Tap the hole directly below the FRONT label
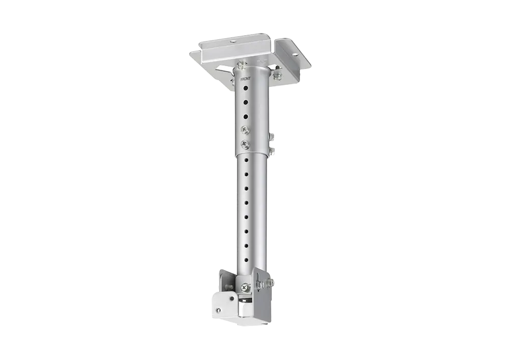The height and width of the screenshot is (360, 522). point(245,88)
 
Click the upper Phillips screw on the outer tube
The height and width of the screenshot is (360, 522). point(245,129)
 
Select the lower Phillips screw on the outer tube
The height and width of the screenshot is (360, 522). point(245,144)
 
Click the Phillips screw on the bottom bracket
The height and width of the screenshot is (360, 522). point(245,286)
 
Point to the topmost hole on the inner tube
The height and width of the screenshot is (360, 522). point(246,160)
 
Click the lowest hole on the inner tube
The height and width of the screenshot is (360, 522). point(246,259)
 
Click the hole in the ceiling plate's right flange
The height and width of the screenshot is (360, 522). point(295,54)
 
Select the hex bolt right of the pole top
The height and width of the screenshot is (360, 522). point(276,76)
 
